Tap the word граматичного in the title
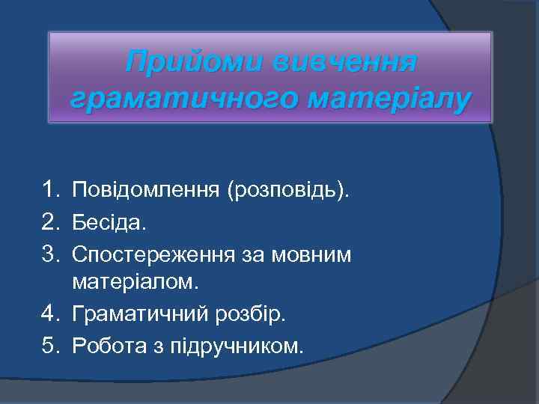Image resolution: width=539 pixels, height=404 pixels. pyautogui.click(x=174, y=97)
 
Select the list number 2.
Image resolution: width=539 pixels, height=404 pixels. pyautogui.click(x=51, y=222)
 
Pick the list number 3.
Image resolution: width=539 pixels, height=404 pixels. pyautogui.click(x=51, y=254)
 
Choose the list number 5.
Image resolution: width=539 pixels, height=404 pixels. pyautogui.click(x=51, y=346)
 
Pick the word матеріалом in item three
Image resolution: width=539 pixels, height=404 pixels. pyautogui.click(x=133, y=284)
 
